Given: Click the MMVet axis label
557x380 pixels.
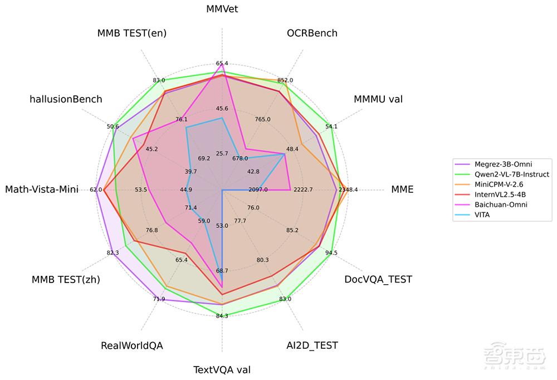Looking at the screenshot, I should (x=222, y=9).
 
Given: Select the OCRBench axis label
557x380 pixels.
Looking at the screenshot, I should (x=312, y=33).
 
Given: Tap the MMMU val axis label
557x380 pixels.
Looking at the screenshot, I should (x=378, y=99).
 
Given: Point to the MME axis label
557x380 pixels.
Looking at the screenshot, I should (x=402, y=189).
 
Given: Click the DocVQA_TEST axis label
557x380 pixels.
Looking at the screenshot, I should (x=378, y=279).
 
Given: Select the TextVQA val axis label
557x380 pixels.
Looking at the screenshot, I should (x=222, y=369).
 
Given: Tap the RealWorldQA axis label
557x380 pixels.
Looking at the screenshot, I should (x=132, y=345).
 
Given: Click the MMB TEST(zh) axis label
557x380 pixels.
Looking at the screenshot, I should (x=66, y=280).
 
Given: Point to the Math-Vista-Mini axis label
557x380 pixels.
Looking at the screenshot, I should (x=42, y=189).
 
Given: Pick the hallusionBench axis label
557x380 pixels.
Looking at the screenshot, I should (x=66, y=99).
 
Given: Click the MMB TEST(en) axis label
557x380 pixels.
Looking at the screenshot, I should (x=132, y=33).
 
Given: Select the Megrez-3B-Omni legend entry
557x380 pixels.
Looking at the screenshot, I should (x=503, y=164).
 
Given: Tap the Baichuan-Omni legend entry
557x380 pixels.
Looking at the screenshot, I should (x=501, y=204).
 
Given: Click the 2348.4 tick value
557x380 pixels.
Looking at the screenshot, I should (x=348, y=190).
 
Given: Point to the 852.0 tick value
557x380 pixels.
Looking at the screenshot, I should (x=285, y=80).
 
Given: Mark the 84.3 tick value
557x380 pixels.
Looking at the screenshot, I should (x=222, y=316).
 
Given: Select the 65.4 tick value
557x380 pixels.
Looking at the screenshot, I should (x=222, y=64).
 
